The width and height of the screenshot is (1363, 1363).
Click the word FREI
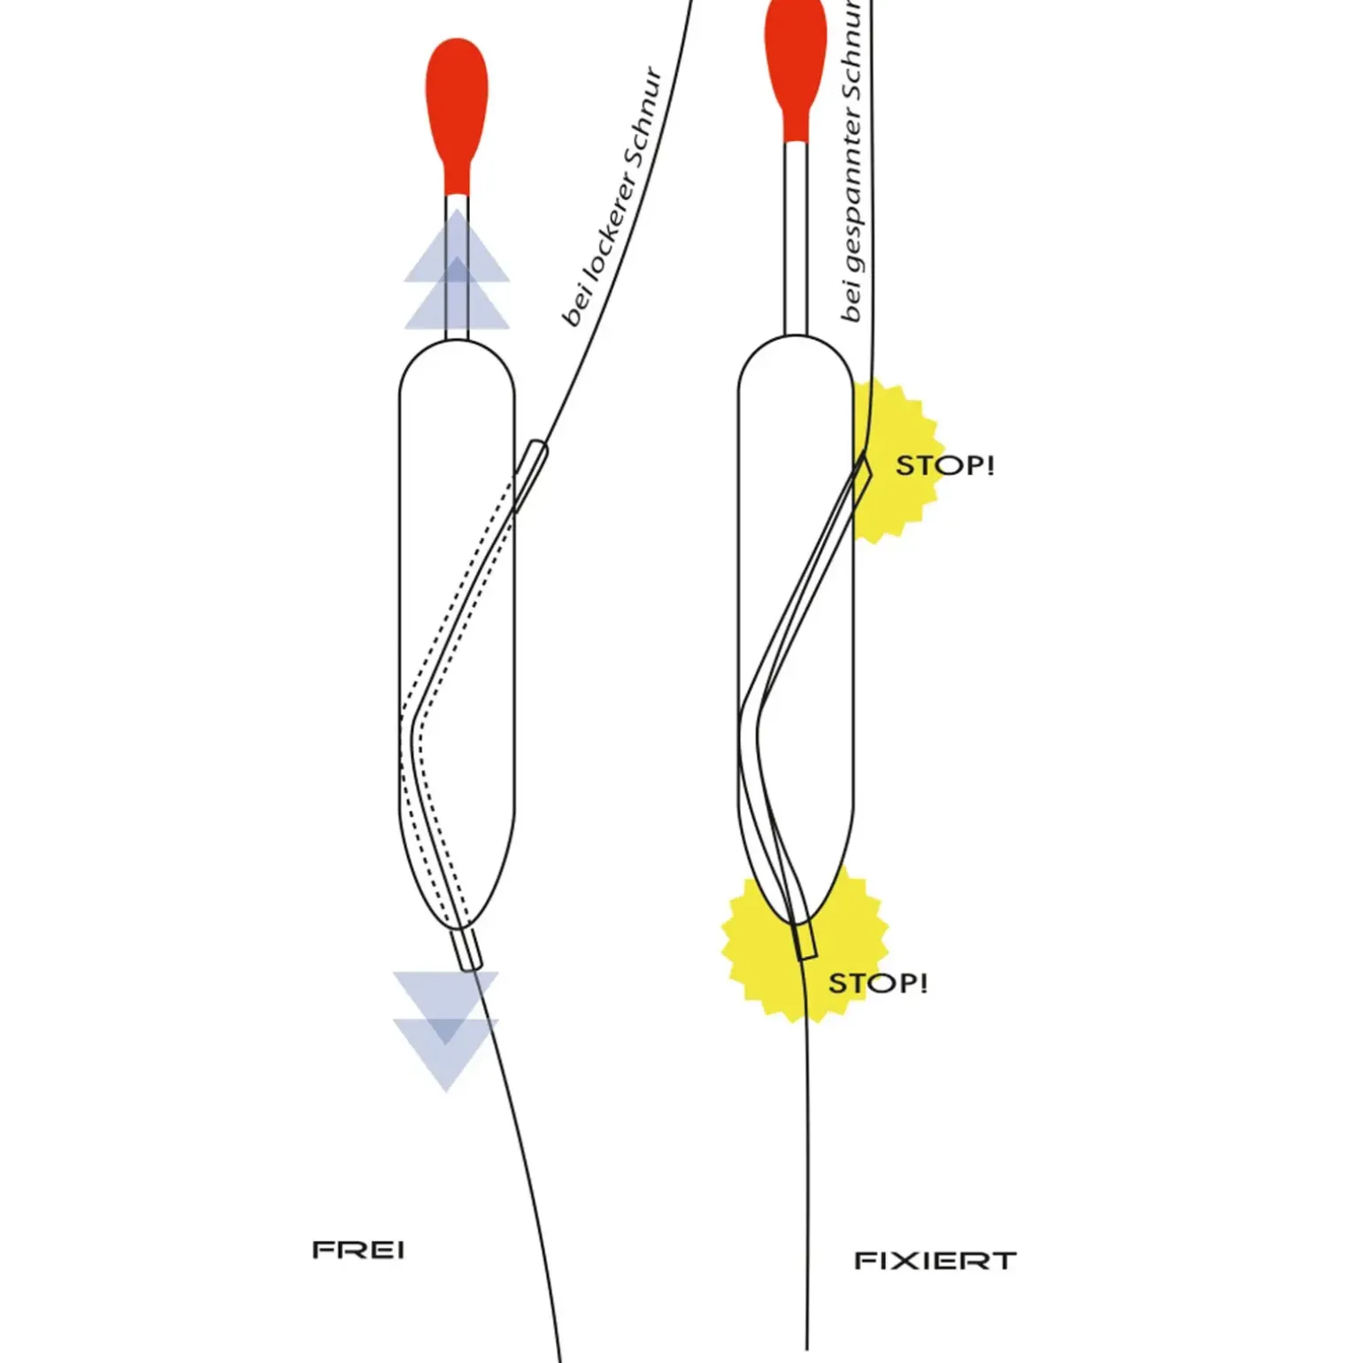[358, 1250]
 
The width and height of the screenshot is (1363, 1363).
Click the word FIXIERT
[935, 1260]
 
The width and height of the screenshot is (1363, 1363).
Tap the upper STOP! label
[944, 465]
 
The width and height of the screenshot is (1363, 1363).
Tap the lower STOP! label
[877, 982]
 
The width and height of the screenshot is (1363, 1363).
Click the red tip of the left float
[457, 106]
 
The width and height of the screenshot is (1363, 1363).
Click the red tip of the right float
[796, 62]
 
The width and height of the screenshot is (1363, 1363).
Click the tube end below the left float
[466, 949]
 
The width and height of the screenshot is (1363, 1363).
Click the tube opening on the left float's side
[532, 469]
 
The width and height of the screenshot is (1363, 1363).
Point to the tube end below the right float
[805, 940]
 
